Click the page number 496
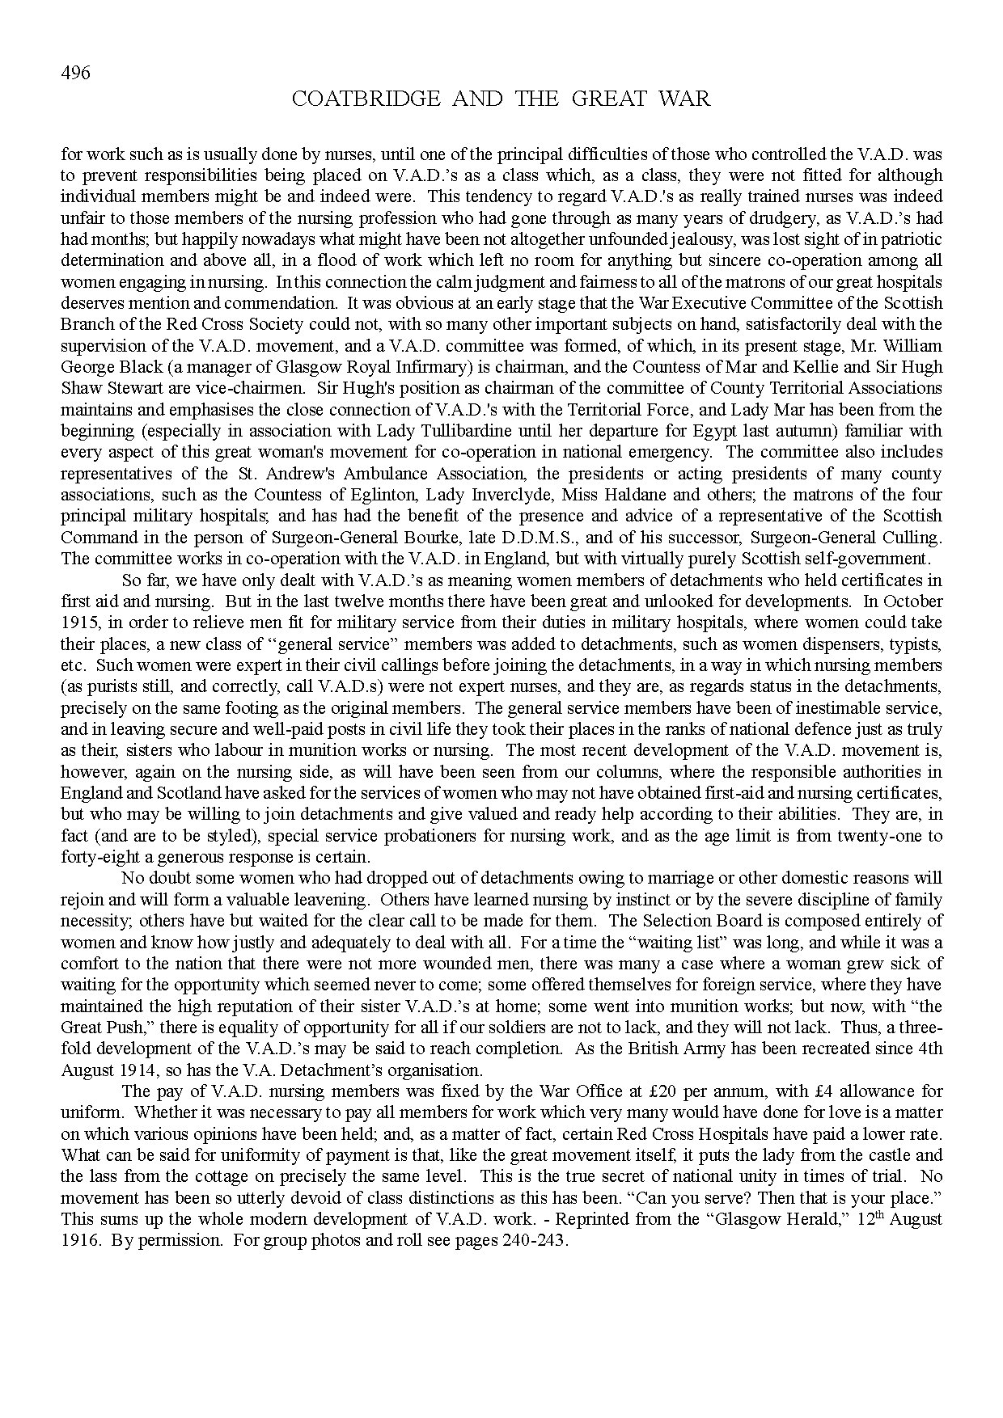(x=75, y=74)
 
